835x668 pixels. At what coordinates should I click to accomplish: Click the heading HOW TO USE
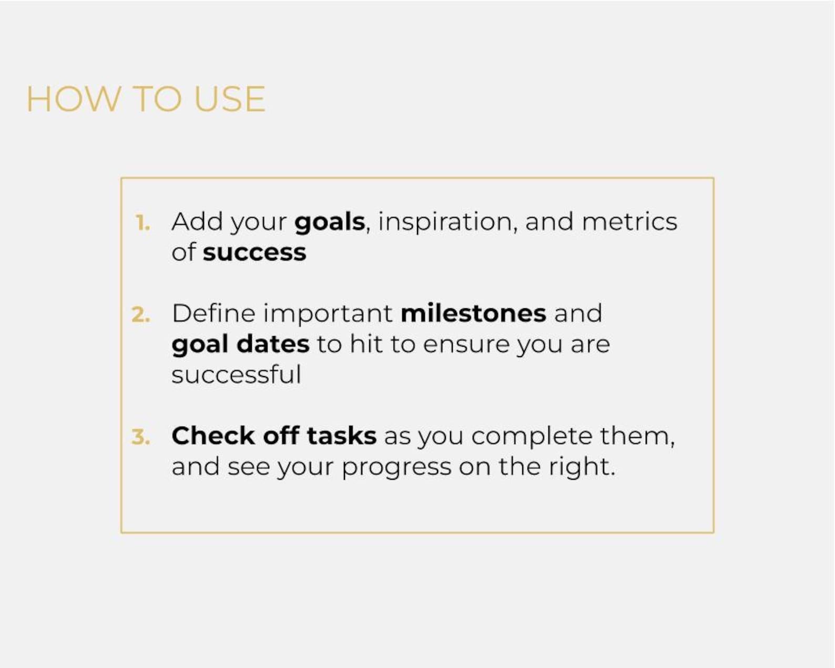click(146, 99)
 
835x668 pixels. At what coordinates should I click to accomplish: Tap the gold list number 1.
click(142, 223)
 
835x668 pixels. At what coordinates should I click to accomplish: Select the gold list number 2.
click(141, 315)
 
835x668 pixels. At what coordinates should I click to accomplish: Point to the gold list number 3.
click(141, 437)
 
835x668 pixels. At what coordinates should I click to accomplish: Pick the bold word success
click(254, 253)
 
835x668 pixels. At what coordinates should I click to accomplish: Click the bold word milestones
click(473, 313)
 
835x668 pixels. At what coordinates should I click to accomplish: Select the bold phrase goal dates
click(240, 345)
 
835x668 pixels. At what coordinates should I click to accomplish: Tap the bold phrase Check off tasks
click(273, 436)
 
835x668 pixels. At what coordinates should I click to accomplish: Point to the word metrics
click(629, 222)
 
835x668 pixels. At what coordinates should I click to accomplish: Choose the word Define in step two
click(213, 313)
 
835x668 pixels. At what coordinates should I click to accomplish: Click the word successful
click(236, 375)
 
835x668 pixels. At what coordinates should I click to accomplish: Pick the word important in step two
click(328, 314)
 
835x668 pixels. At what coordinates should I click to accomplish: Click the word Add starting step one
click(197, 222)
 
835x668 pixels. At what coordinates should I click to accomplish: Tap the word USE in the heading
click(229, 99)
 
